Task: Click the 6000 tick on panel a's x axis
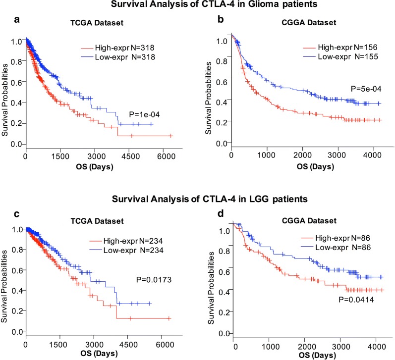click(x=166, y=155)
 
